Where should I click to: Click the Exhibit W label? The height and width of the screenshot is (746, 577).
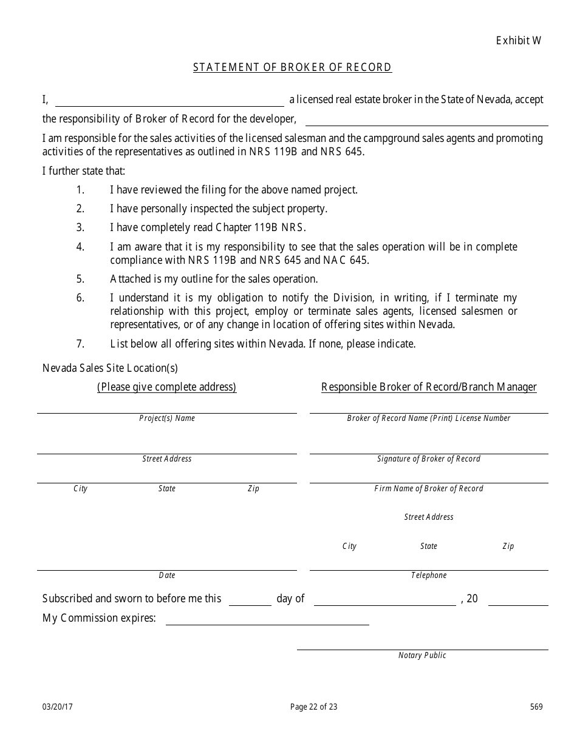[x=518, y=41]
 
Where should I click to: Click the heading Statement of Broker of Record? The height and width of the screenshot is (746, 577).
[x=292, y=67]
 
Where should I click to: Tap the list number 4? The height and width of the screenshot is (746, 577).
[x=80, y=247]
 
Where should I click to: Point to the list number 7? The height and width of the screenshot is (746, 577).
[x=80, y=344]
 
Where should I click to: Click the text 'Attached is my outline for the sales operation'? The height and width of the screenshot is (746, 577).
[x=214, y=279]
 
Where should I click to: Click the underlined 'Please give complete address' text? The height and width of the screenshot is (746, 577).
[x=167, y=387]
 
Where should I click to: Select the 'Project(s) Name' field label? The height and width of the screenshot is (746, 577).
[x=167, y=418]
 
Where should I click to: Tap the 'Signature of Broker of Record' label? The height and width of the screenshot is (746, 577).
[x=429, y=459]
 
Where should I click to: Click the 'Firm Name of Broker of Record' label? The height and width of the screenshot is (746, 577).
[x=429, y=488]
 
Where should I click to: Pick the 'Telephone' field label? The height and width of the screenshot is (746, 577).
[x=429, y=575]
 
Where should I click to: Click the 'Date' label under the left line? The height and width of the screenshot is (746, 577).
[x=167, y=575]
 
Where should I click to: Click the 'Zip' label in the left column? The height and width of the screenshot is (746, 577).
[x=253, y=488]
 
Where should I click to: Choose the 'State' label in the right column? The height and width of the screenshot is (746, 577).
[x=429, y=546]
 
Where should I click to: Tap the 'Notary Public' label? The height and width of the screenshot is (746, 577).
[x=422, y=655]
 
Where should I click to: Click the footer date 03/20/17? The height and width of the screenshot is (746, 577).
[x=58, y=707]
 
